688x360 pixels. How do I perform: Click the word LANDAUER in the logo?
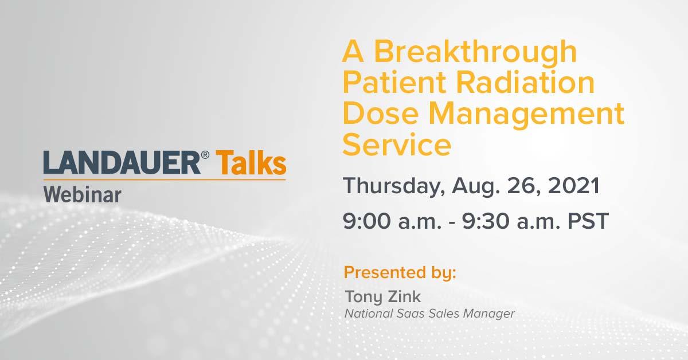[x=122, y=163]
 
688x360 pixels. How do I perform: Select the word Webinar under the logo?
[x=83, y=195]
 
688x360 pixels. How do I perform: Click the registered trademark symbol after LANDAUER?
[x=205, y=155]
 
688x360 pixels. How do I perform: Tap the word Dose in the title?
[x=381, y=114]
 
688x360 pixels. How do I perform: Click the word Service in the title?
[x=397, y=145]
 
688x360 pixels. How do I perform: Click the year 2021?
[x=573, y=186]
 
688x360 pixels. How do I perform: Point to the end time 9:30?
[x=486, y=221]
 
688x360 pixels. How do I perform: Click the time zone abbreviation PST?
[x=588, y=221]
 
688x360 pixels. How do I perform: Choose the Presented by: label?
[x=400, y=273]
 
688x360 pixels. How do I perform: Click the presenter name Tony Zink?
[x=383, y=297]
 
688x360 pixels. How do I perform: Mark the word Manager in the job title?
[x=488, y=314]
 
